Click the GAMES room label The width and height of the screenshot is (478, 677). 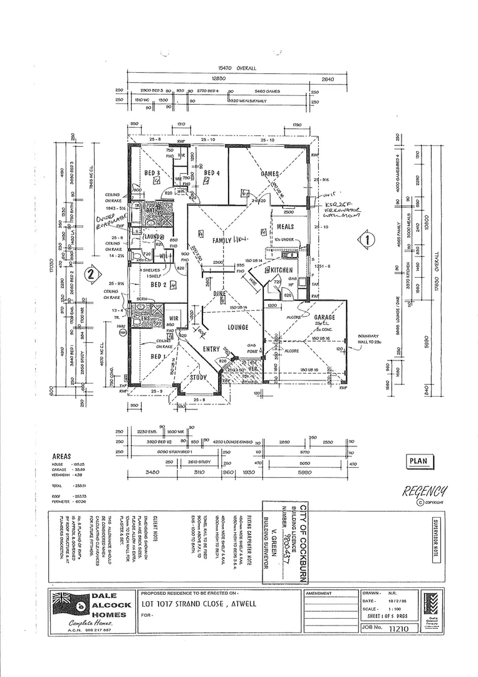coord(269,174)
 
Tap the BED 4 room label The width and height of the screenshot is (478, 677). coord(212,173)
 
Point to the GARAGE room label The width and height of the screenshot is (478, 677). coord(325,318)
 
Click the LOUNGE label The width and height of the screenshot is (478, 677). coord(238,327)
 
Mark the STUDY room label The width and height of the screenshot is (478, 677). coord(199,377)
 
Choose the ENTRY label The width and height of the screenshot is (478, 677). coord(211,349)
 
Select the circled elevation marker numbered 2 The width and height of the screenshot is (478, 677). coord(91,273)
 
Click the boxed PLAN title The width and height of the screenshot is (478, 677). coord(418,461)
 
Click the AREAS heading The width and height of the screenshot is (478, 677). coord(62,457)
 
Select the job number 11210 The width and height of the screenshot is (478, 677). coord(402,627)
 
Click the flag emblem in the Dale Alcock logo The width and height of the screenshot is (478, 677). coord(63,601)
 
